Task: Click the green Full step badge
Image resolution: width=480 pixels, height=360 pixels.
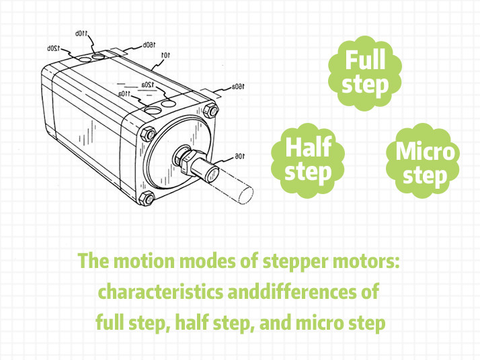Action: pos(365,73)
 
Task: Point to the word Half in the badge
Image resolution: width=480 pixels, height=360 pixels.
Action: pos(309,148)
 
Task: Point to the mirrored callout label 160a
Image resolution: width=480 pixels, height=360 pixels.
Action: pos(239,87)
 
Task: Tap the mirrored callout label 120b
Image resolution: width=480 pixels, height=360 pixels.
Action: pos(55,48)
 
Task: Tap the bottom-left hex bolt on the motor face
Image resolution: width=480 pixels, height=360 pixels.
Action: pos(150,197)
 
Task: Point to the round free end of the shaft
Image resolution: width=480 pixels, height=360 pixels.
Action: pos(245,194)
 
